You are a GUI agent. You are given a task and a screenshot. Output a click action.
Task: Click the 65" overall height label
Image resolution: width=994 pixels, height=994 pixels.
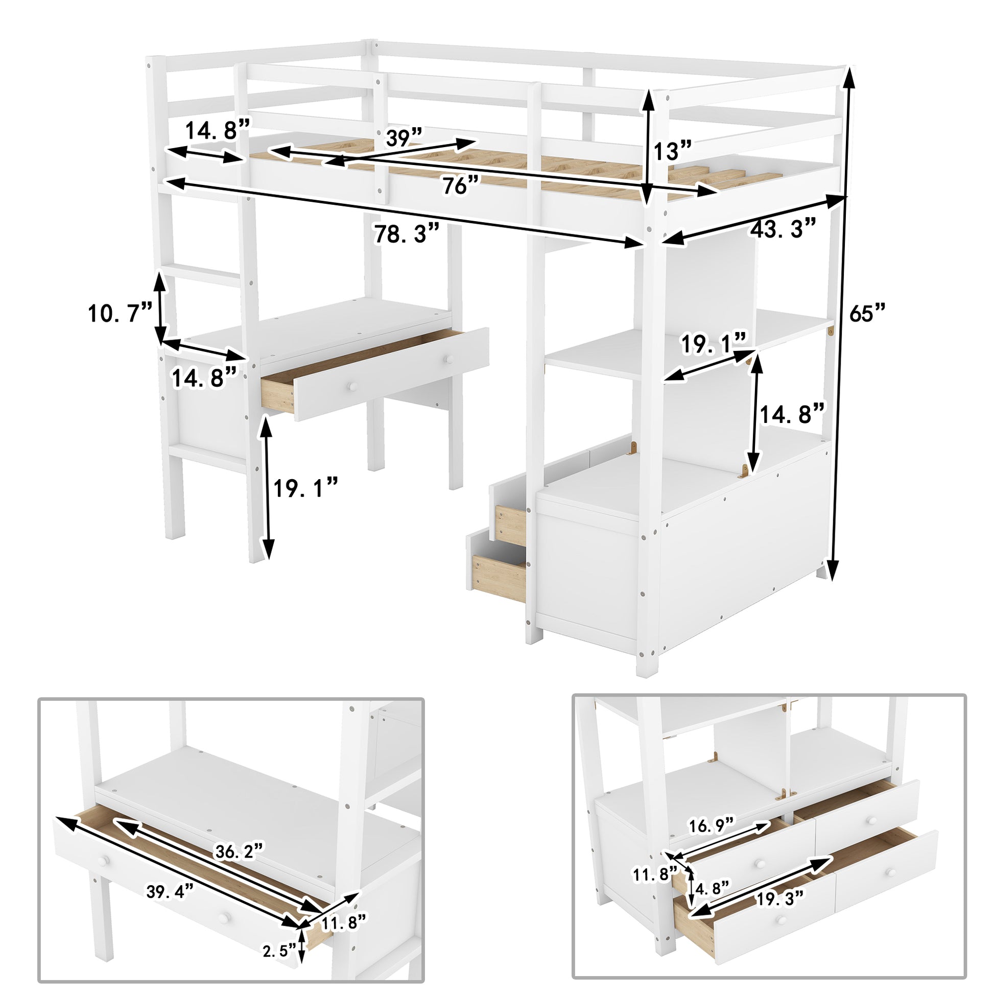click(867, 312)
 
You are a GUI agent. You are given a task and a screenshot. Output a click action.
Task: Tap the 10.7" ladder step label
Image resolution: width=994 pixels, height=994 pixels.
click(121, 312)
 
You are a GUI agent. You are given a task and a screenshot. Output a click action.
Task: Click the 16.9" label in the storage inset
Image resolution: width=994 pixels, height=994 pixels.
click(711, 825)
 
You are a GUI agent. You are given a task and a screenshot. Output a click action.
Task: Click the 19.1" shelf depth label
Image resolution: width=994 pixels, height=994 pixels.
click(713, 344)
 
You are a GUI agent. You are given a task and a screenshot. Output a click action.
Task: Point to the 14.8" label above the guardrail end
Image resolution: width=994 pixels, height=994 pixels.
click(217, 131)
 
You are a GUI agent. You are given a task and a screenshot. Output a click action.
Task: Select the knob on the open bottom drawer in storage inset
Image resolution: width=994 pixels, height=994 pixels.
click(782, 961)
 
